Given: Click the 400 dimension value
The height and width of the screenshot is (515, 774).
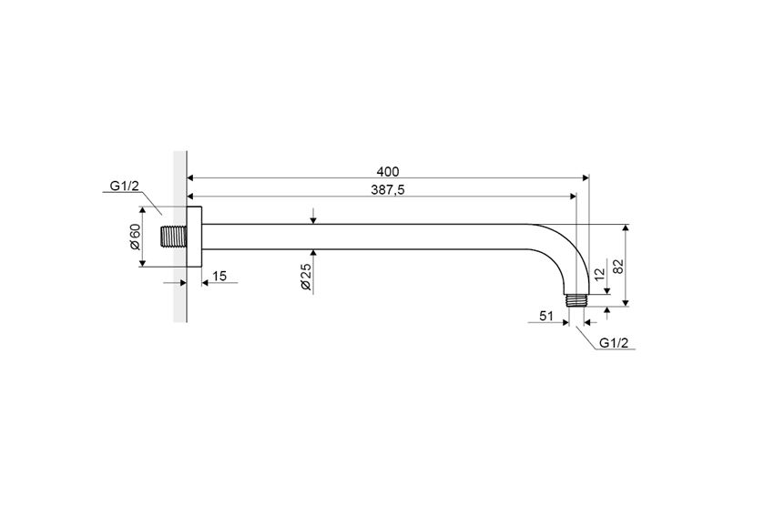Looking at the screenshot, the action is point(388,172).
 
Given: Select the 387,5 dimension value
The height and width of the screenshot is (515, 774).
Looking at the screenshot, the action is point(388,190).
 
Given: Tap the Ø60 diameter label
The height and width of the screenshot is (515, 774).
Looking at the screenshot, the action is point(135,237).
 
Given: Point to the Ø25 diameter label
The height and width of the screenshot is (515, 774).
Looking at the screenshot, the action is point(306,277).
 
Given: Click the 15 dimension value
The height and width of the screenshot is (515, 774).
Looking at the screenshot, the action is point(219,276).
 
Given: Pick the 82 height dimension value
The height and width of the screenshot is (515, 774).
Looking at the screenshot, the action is point(618,266).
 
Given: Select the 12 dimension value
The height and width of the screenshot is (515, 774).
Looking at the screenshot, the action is point(599,274).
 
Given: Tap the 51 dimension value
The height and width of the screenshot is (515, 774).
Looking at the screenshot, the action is point(546,316).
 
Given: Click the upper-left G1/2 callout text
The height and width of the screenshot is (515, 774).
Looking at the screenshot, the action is point(125,186).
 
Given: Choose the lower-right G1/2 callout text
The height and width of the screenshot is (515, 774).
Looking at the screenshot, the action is point(614,343).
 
